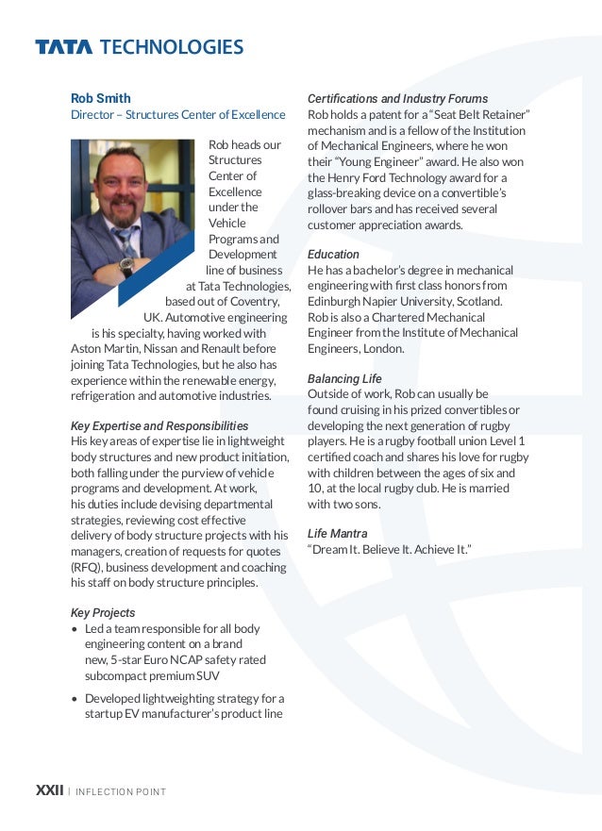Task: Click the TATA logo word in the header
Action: pyautogui.click(x=63, y=47)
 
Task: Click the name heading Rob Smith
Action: pyautogui.click(x=101, y=98)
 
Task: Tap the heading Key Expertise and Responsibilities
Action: pyautogui.click(x=159, y=426)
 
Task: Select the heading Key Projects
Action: pyautogui.click(x=103, y=612)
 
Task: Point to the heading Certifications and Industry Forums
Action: pyautogui.click(x=397, y=98)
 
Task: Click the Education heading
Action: pyautogui.click(x=333, y=255)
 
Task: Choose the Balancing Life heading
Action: pyautogui.click(x=344, y=378)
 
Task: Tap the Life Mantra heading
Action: pyautogui.click(x=337, y=534)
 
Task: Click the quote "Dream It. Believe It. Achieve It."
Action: pyautogui.click(x=389, y=550)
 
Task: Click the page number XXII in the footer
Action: pyautogui.click(x=49, y=790)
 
